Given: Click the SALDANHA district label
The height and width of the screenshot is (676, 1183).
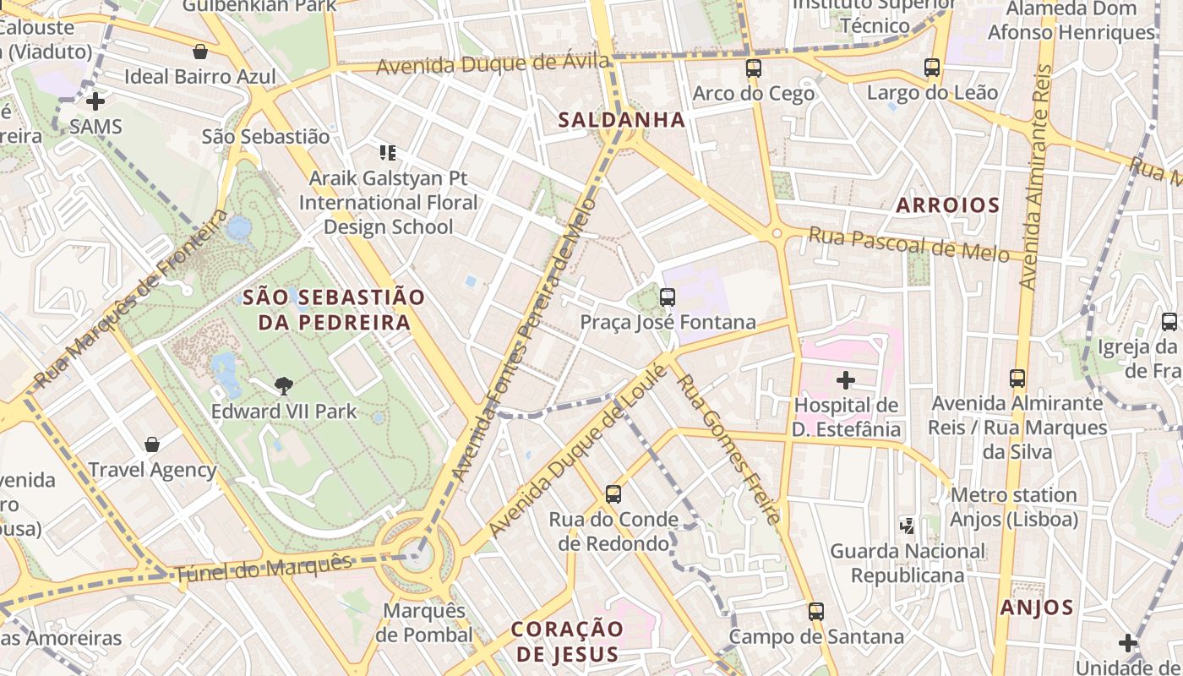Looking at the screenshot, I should click(621, 120).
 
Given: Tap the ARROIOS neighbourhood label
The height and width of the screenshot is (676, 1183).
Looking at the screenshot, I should click(947, 204).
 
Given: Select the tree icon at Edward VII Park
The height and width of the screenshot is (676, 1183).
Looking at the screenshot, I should click(284, 386).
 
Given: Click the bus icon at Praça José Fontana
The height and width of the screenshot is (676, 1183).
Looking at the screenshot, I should click(668, 297).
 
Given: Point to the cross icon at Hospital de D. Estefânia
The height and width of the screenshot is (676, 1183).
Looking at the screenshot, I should click(845, 380).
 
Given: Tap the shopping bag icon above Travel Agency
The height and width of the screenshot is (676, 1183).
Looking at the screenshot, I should click(152, 444).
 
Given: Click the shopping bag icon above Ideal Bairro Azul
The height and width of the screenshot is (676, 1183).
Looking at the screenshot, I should click(200, 52).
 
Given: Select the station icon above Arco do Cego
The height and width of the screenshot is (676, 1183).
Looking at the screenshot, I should click(753, 68).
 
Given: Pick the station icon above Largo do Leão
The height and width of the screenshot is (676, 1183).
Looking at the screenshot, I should click(932, 68).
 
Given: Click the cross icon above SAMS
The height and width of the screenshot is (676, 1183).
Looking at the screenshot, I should click(95, 101).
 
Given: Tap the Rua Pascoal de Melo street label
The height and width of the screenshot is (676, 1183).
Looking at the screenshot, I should click(908, 244).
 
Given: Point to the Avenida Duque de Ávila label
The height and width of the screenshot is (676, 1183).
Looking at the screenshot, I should click(493, 64).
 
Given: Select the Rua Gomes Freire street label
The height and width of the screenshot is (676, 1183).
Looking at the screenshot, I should click(729, 449).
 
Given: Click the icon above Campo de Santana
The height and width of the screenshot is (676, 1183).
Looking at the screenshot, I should click(815, 611).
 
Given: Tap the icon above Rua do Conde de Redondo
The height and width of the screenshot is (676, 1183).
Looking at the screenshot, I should click(613, 494).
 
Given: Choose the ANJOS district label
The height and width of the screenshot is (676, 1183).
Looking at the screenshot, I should click(1037, 607).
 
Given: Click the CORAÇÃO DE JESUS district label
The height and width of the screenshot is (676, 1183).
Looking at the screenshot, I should click(567, 641).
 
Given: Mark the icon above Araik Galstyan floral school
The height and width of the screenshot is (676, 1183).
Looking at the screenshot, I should click(388, 153).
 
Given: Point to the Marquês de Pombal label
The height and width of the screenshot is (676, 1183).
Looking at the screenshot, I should click(424, 623).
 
